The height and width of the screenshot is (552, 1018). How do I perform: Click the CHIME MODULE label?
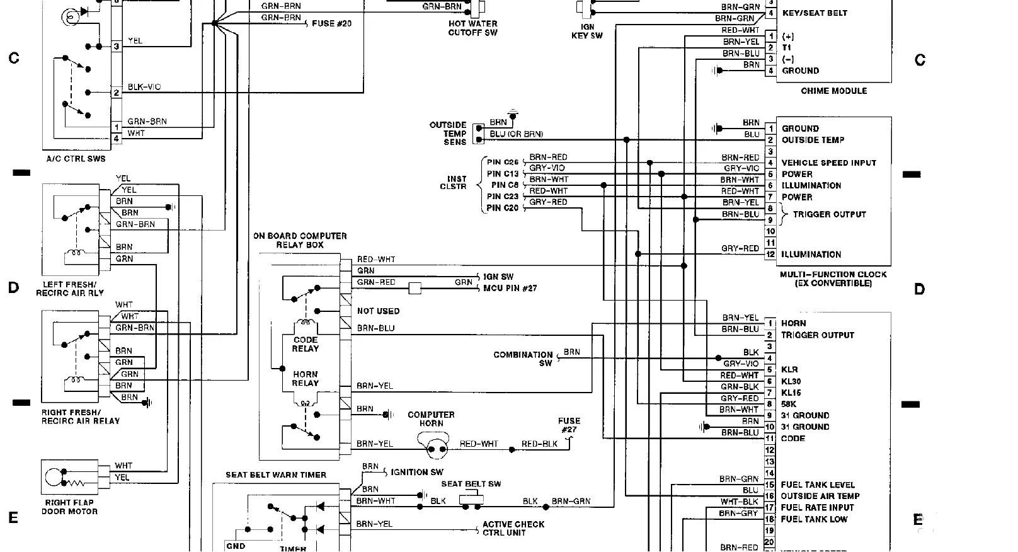(833, 91)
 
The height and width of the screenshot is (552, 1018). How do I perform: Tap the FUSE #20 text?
(331, 23)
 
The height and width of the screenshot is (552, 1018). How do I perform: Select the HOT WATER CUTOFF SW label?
(472, 28)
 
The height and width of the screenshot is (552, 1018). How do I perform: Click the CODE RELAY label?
(306, 344)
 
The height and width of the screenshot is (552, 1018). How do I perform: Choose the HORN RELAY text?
(306, 379)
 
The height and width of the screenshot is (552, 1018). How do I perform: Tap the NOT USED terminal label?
(378, 311)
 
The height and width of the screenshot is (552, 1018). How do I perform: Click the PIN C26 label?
(503, 162)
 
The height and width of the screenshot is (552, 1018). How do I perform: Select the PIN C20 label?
(503, 208)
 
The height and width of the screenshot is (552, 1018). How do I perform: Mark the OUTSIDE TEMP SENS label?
(448, 134)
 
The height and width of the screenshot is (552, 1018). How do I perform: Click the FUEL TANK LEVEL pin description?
(818, 485)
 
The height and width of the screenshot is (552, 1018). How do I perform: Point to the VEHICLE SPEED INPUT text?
(828, 163)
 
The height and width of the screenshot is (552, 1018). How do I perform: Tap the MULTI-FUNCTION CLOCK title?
(833, 279)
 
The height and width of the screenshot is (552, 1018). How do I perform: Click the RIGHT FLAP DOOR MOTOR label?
(69, 507)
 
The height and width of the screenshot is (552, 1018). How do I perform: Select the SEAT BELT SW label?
(471, 484)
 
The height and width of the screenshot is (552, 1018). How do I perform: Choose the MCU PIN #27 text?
(510, 288)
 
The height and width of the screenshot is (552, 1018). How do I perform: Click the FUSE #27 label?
(569, 425)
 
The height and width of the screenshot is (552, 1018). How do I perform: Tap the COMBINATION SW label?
(523, 359)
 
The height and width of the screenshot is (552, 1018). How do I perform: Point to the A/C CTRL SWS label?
(76, 159)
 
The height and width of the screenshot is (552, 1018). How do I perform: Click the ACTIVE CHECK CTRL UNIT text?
(513, 528)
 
